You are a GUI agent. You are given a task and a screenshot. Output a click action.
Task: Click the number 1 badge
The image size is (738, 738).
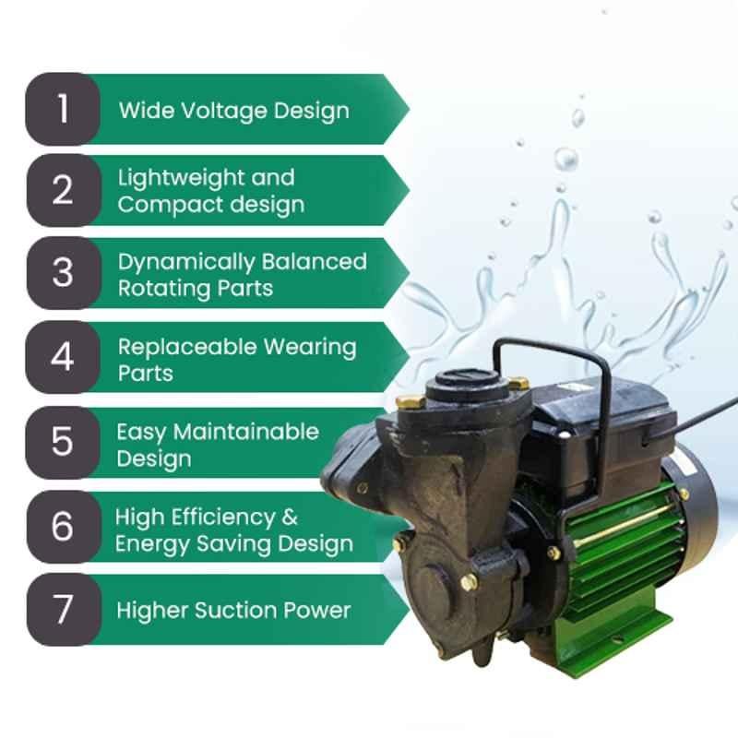[x=63, y=109]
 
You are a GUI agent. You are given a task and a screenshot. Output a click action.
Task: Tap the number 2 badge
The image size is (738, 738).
[x=64, y=191]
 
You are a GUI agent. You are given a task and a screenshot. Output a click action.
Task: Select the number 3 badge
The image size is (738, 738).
[x=64, y=273]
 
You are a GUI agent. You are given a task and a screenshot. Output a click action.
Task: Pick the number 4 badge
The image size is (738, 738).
[x=63, y=357]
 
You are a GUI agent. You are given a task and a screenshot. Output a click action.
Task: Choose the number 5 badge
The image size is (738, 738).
[x=63, y=443]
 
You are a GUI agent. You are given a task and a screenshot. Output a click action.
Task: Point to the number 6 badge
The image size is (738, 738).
[x=64, y=526]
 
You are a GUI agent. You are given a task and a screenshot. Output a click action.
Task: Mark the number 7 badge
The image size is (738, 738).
[x=64, y=610]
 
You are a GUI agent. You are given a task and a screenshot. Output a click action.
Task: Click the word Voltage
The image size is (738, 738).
[x=224, y=112]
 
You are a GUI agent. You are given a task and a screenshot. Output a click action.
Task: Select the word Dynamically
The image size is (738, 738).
[x=185, y=263]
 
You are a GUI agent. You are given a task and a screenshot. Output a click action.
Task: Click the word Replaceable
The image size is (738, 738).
[x=187, y=347]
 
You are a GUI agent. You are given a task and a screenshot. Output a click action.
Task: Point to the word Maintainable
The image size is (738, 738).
[x=246, y=432]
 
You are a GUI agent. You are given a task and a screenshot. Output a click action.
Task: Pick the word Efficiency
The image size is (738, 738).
[x=223, y=518]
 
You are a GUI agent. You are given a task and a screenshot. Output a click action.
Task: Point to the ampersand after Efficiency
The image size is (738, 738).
[x=290, y=518]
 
